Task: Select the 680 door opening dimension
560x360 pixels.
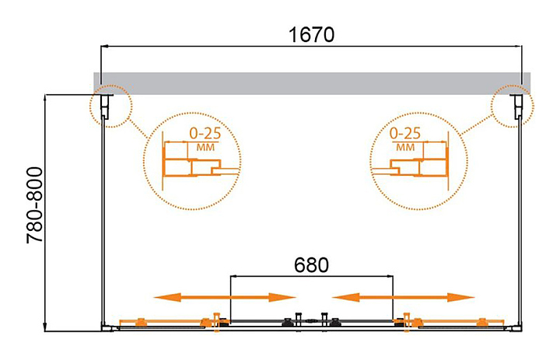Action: [x=311, y=264]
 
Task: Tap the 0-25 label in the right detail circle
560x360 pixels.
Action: [x=404, y=133]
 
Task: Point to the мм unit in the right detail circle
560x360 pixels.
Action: [x=404, y=146]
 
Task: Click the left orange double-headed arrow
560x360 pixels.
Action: [x=224, y=297]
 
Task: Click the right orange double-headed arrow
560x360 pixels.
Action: [x=403, y=297]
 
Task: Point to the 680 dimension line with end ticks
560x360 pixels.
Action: [x=311, y=275]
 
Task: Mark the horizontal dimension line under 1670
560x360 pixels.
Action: [x=311, y=47]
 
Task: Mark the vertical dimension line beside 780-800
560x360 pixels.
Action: [x=47, y=210]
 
